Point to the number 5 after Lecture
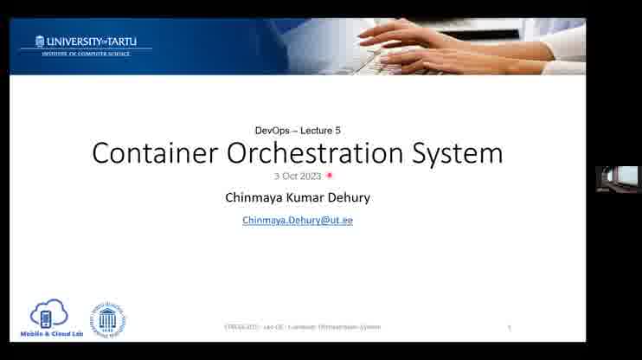[x=337, y=130]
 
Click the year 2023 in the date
[x=311, y=176]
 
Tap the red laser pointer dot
[x=330, y=176]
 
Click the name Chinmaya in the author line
[x=254, y=197]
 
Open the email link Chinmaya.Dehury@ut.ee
[x=298, y=221]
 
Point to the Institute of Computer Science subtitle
[x=86, y=54]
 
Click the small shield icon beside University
[x=40, y=42]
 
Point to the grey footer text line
[x=302, y=327]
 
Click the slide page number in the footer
[x=510, y=327]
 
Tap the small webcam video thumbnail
[x=618, y=178]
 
